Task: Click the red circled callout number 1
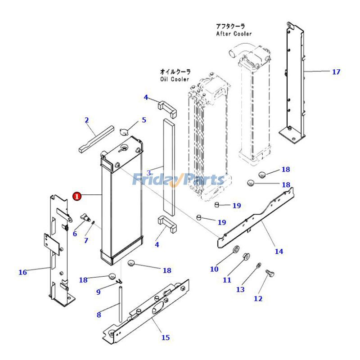tap(77, 196)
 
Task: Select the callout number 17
tap(336, 72)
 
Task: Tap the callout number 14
tap(279, 251)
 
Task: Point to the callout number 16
tap(22, 272)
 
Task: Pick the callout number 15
tap(166, 337)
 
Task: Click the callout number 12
tap(258, 298)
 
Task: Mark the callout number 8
tap(99, 315)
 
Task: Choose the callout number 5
tap(144, 120)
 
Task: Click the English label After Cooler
tap(234, 34)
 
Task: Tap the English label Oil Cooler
tap(175, 79)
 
